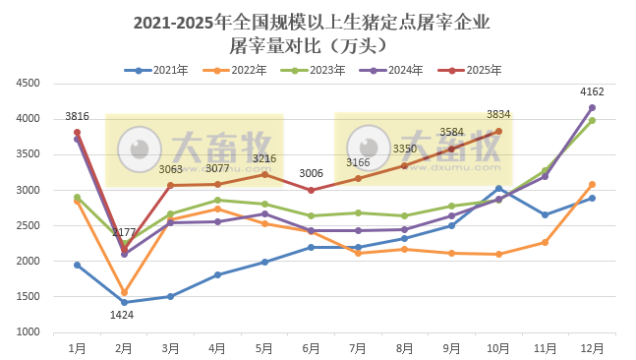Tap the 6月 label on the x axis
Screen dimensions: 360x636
[311, 347]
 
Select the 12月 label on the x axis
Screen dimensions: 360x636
[591, 347]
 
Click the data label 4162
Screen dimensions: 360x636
[590, 92]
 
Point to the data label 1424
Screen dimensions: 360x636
[123, 315]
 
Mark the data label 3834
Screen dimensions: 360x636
[498, 115]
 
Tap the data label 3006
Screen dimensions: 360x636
[311, 173]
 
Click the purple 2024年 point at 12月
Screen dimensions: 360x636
[592, 107]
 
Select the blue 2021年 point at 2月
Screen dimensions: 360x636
[124, 302]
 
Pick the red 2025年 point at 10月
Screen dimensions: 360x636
[498, 131]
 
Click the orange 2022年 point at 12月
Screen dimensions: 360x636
[592, 184]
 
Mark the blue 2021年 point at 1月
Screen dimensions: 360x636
[77, 265]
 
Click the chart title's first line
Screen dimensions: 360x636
[311, 22]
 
